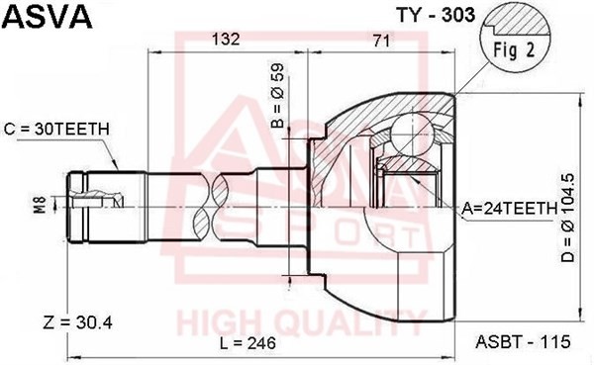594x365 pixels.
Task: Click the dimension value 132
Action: [228, 40]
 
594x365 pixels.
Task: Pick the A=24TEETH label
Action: [509, 208]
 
